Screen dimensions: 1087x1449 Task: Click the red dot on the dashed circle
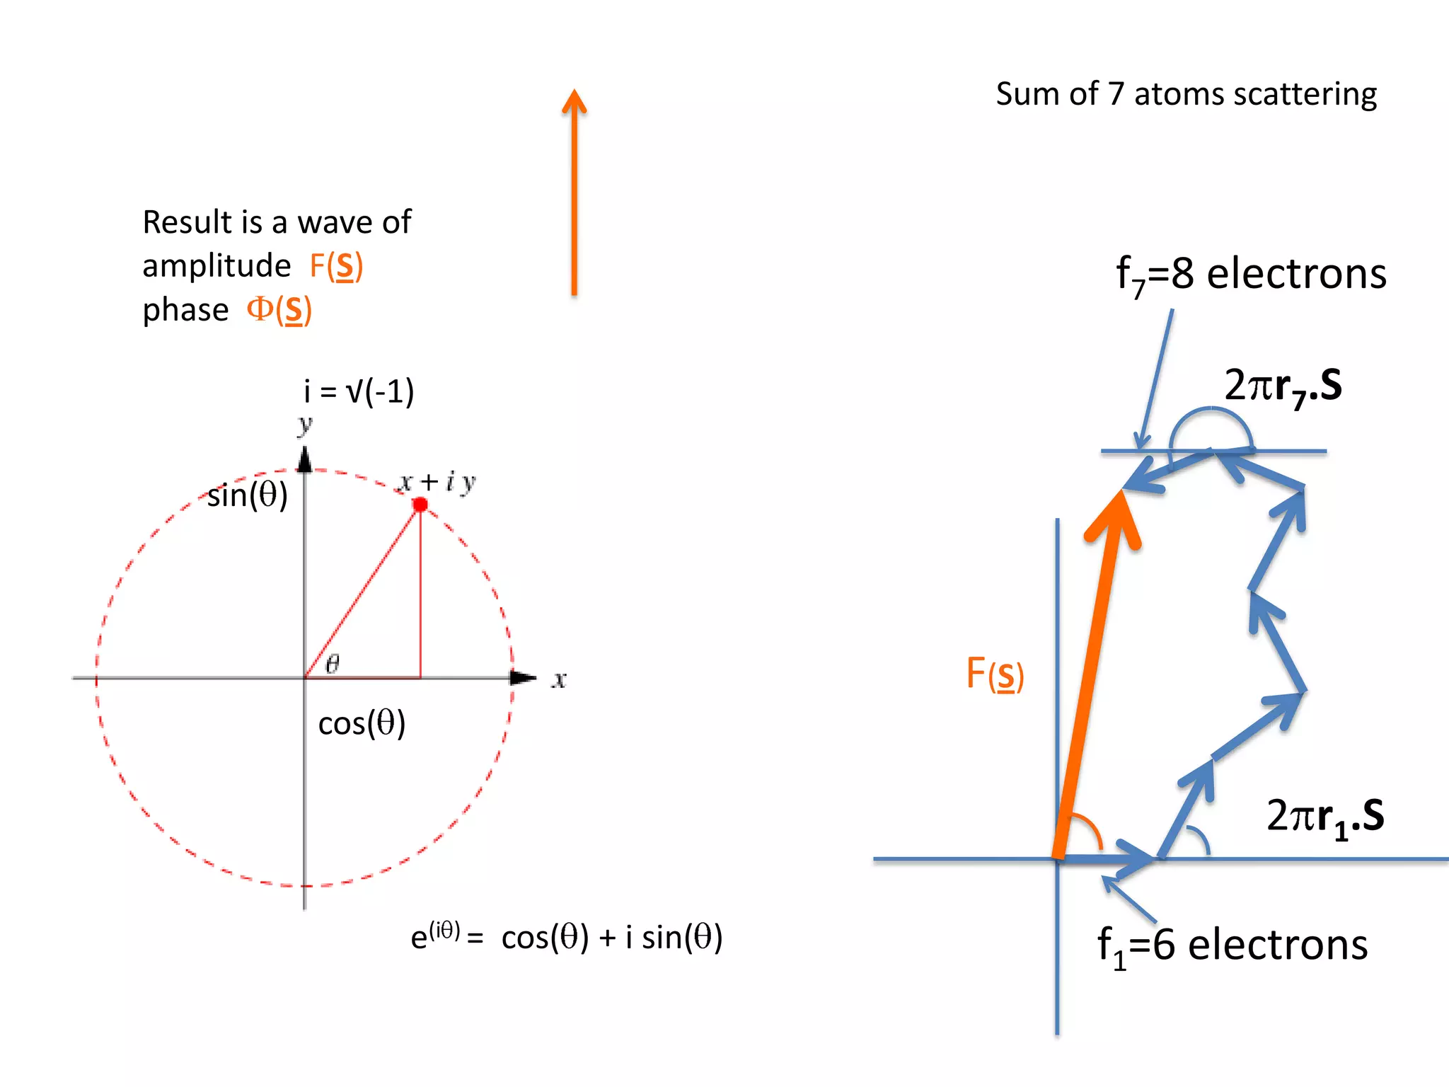pos(420,505)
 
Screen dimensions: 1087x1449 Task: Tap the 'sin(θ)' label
pos(248,495)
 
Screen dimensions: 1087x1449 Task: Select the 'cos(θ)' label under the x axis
pos(362,723)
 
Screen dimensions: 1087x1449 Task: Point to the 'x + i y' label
pos(437,483)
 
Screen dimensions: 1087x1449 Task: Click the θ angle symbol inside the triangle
pos(333,663)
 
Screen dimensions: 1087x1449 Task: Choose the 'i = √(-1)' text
pos(359,391)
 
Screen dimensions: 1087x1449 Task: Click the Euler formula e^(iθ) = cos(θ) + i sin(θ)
pos(567,937)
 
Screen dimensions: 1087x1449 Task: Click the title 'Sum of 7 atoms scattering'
pos(1187,94)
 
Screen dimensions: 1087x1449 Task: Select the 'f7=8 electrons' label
pos(1251,275)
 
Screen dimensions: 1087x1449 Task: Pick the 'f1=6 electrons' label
pos(1232,945)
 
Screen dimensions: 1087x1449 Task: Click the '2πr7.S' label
pos(1283,386)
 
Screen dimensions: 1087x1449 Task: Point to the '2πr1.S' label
pos(1325,817)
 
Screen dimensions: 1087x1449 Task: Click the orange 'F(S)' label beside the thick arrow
pos(995,674)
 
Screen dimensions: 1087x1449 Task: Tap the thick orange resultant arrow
pos(1090,672)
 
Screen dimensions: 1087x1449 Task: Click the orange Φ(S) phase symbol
pos(279,310)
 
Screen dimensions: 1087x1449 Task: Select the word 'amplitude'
pos(217,266)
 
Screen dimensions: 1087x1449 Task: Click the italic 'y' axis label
pos(305,425)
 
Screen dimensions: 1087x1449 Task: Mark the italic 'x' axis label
pos(559,680)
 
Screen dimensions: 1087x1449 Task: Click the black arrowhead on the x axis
pos(523,678)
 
